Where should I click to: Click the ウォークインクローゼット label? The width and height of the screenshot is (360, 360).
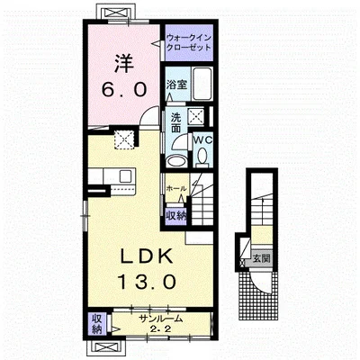pyautogui.click(x=189, y=43)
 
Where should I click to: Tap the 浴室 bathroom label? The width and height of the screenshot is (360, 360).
pyautogui.click(x=177, y=85)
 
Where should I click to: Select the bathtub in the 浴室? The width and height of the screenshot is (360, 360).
pyautogui.click(x=202, y=84)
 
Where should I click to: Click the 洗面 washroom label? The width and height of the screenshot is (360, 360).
pyautogui.click(x=175, y=123)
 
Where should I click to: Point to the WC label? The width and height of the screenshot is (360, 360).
pyautogui.click(x=202, y=139)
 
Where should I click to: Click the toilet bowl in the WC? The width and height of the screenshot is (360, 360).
pyautogui.click(x=202, y=157)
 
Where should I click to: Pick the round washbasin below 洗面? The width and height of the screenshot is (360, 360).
pyautogui.click(x=176, y=161)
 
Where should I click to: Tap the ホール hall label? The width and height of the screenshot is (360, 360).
pyautogui.click(x=176, y=189)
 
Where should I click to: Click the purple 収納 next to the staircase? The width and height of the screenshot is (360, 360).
pyautogui.click(x=176, y=215)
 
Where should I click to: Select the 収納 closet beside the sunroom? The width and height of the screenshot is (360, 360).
pyautogui.click(x=96, y=323)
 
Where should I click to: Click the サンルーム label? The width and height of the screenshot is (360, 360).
pyautogui.click(x=160, y=319)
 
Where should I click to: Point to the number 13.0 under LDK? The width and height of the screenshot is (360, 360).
pyautogui.click(x=147, y=282)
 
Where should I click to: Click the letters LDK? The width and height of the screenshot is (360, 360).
pyautogui.click(x=147, y=256)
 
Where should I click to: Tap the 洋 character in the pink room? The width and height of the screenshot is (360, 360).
pyautogui.click(x=124, y=63)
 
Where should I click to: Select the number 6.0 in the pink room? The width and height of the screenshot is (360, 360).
pyautogui.click(x=124, y=89)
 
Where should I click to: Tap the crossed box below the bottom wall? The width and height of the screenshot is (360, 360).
pyautogui.click(x=105, y=346)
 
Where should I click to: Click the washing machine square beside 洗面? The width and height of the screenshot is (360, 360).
pyautogui.click(x=195, y=115)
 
